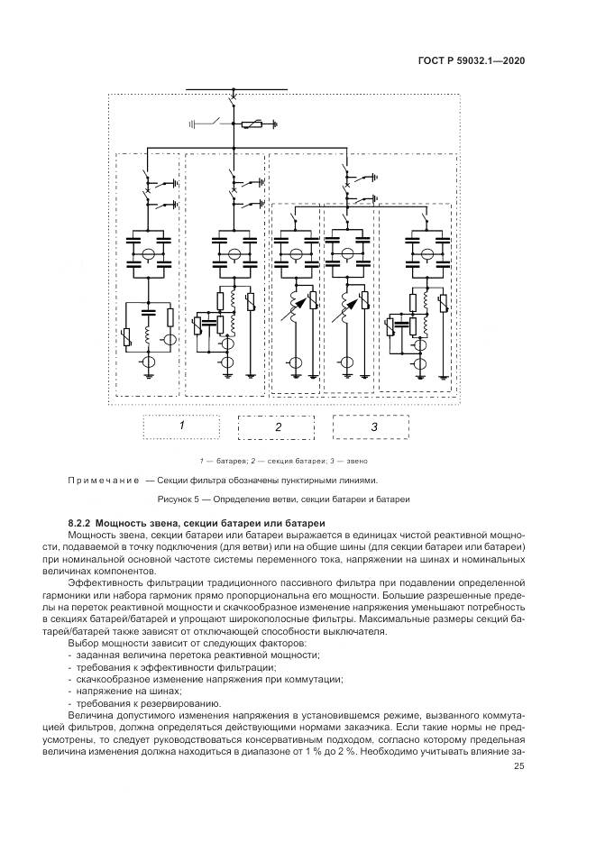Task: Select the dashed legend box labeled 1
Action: coord(181,426)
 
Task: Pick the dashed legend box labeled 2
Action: coord(277,426)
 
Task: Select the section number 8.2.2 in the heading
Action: coord(84,524)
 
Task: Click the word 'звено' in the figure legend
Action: coord(375,461)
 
